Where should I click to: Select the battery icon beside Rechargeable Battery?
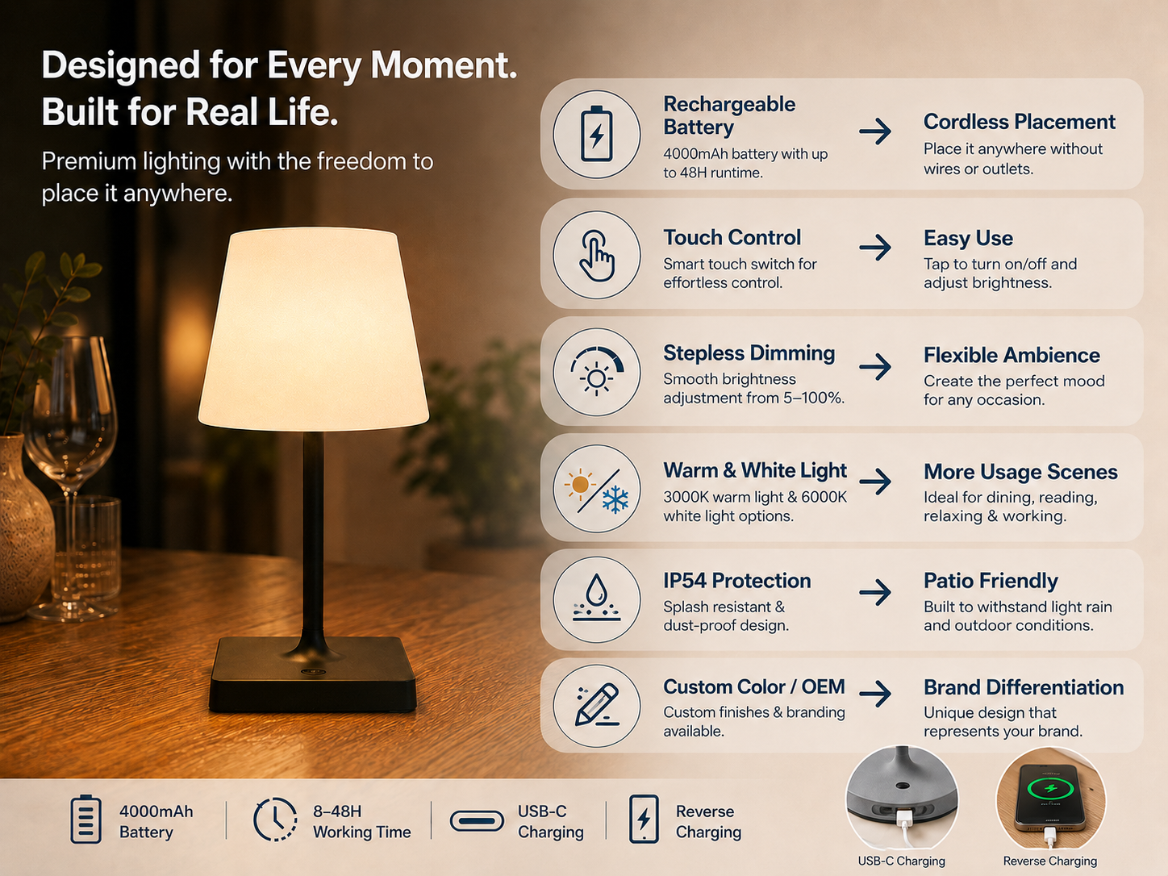tap(597, 134)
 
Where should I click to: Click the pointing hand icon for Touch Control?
tap(597, 256)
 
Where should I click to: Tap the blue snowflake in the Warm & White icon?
tap(615, 499)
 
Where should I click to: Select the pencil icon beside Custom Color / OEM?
tap(597, 705)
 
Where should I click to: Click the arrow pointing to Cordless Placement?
tap(875, 131)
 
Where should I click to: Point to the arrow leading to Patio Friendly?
tap(875, 592)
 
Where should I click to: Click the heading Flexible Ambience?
tap(1012, 355)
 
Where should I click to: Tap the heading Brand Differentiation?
tap(1024, 687)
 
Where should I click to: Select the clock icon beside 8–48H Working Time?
tap(275, 819)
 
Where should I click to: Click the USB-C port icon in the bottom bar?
tap(477, 820)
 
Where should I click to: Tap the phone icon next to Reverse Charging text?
tap(644, 819)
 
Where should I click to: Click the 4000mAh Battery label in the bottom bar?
tap(156, 822)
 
